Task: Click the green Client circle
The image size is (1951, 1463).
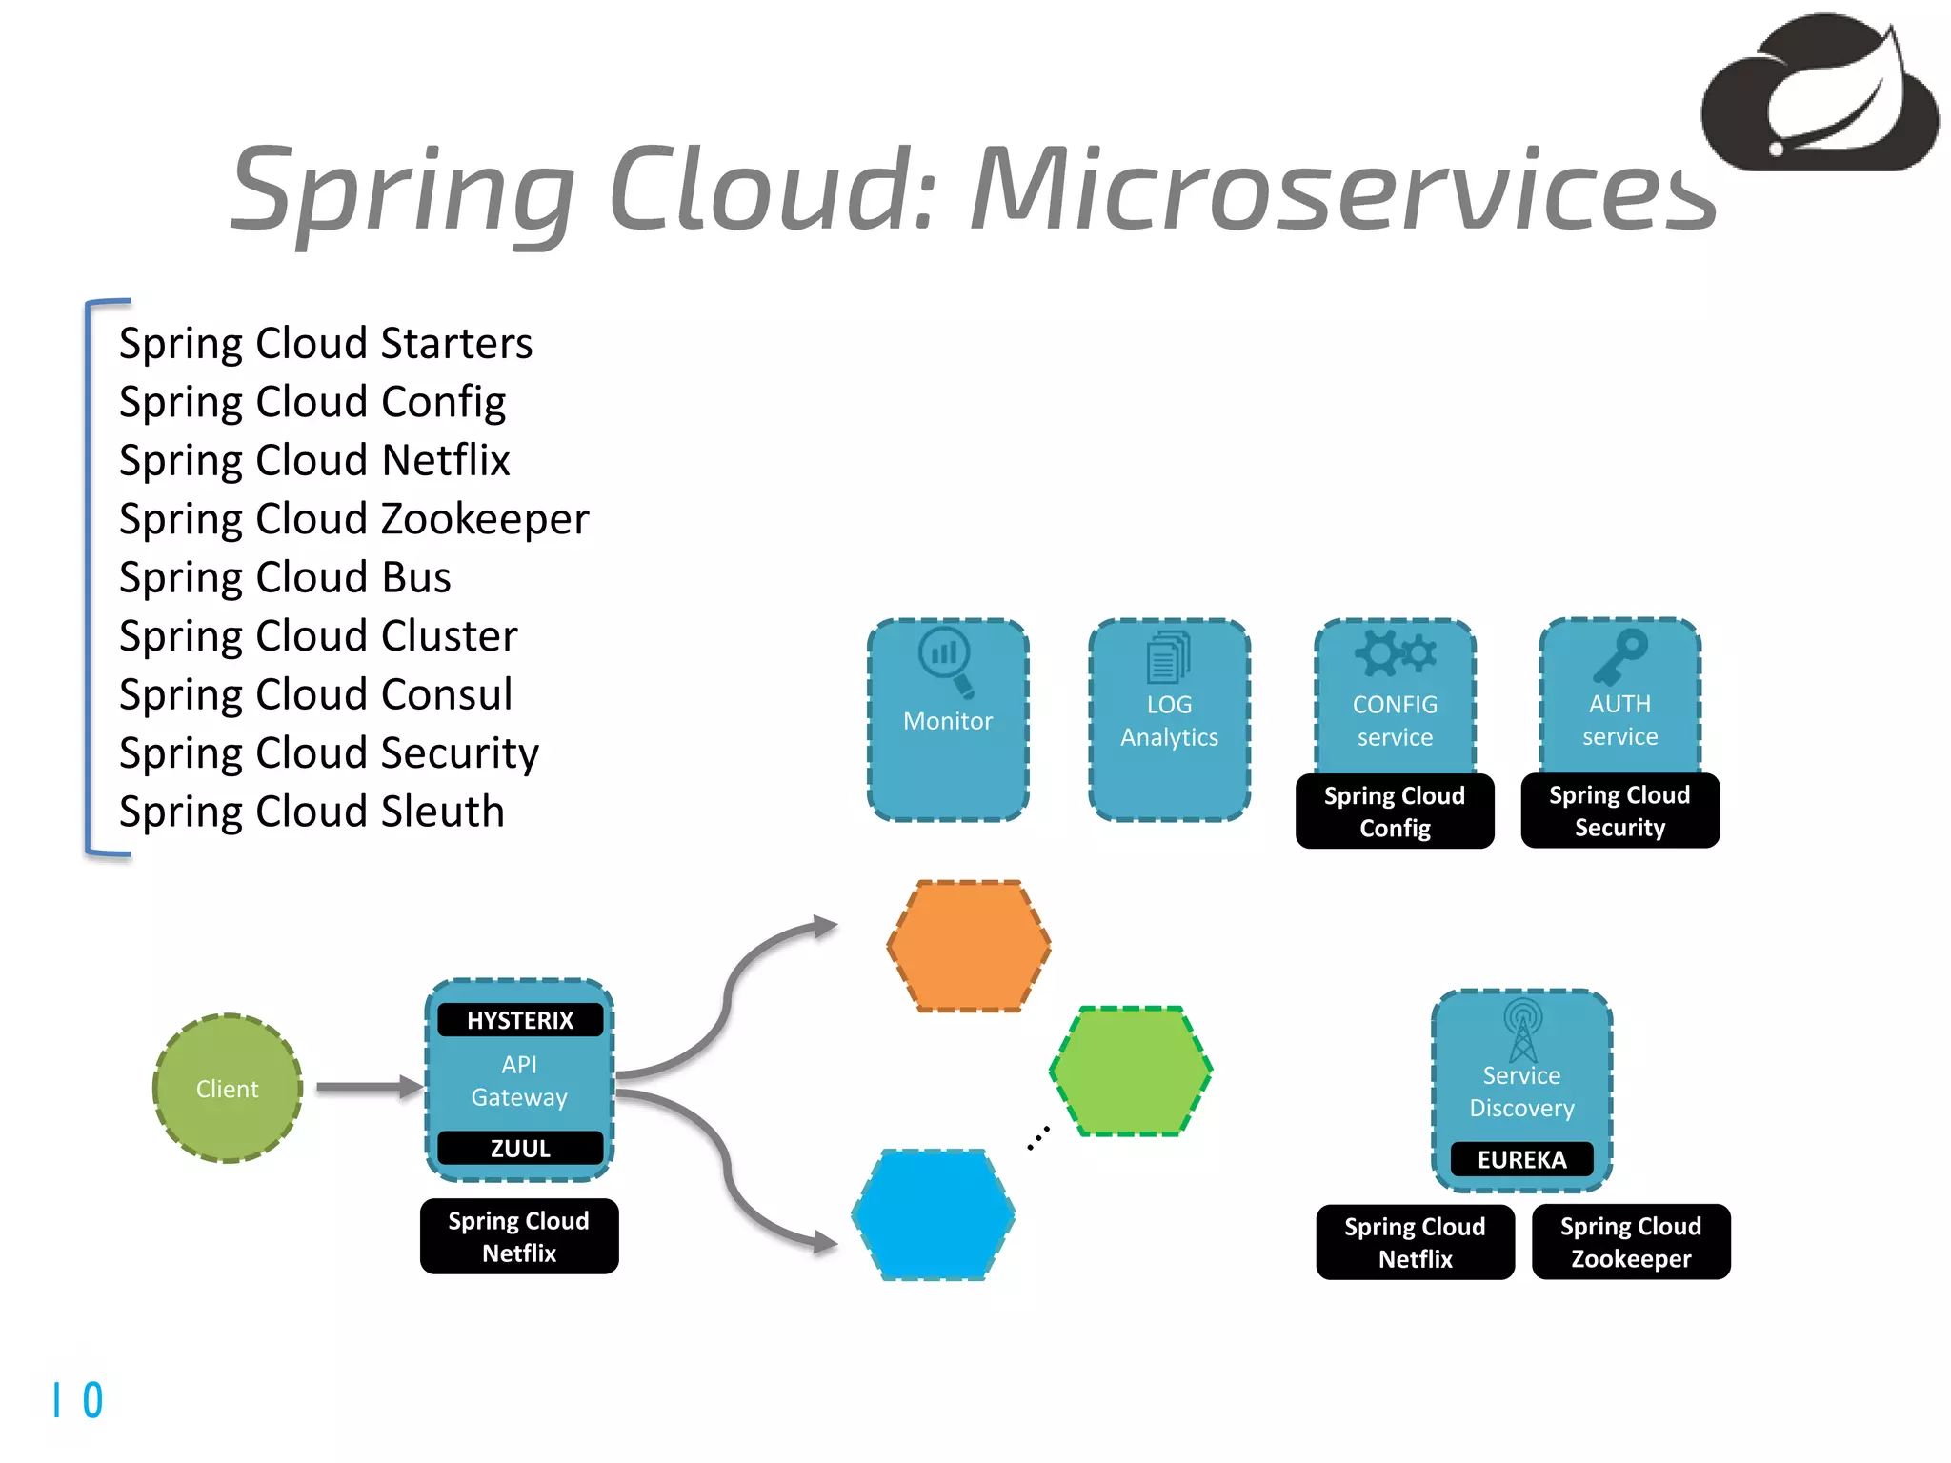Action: click(228, 1088)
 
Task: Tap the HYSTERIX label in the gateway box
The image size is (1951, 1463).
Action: click(520, 1020)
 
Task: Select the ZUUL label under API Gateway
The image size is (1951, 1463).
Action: click(520, 1148)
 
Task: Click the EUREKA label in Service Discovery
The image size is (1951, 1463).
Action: click(1521, 1159)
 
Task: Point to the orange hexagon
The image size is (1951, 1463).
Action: click(969, 945)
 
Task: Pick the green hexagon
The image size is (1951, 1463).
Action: click(1131, 1071)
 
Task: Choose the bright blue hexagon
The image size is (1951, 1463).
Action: click(934, 1214)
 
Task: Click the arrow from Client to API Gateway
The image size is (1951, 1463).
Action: click(368, 1087)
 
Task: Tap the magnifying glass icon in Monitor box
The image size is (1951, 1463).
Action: click(946, 659)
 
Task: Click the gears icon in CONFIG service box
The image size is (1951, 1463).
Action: click(1395, 653)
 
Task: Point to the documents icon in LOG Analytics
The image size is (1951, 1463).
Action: click(1169, 657)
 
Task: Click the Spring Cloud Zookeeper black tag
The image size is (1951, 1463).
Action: click(1631, 1242)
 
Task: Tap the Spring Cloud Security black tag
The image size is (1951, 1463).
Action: click(1619, 811)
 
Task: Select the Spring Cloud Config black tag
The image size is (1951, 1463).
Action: click(1395, 812)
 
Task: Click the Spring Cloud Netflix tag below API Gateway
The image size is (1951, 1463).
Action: click(519, 1236)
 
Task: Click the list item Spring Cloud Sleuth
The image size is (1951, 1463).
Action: click(312, 812)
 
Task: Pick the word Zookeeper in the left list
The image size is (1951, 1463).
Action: click(485, 519)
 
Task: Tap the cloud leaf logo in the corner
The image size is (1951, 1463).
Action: click(1820, 95)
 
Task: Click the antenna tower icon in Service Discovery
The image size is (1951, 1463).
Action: click(1522, 1030)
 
